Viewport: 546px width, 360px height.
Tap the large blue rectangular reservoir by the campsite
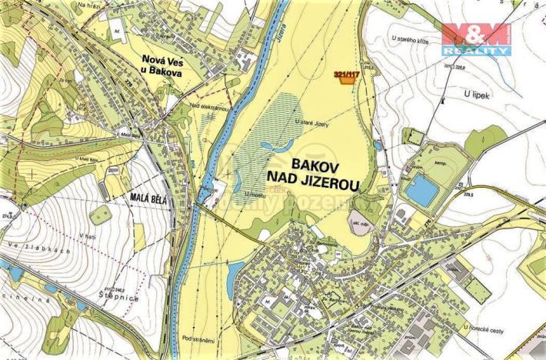[421, 191]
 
